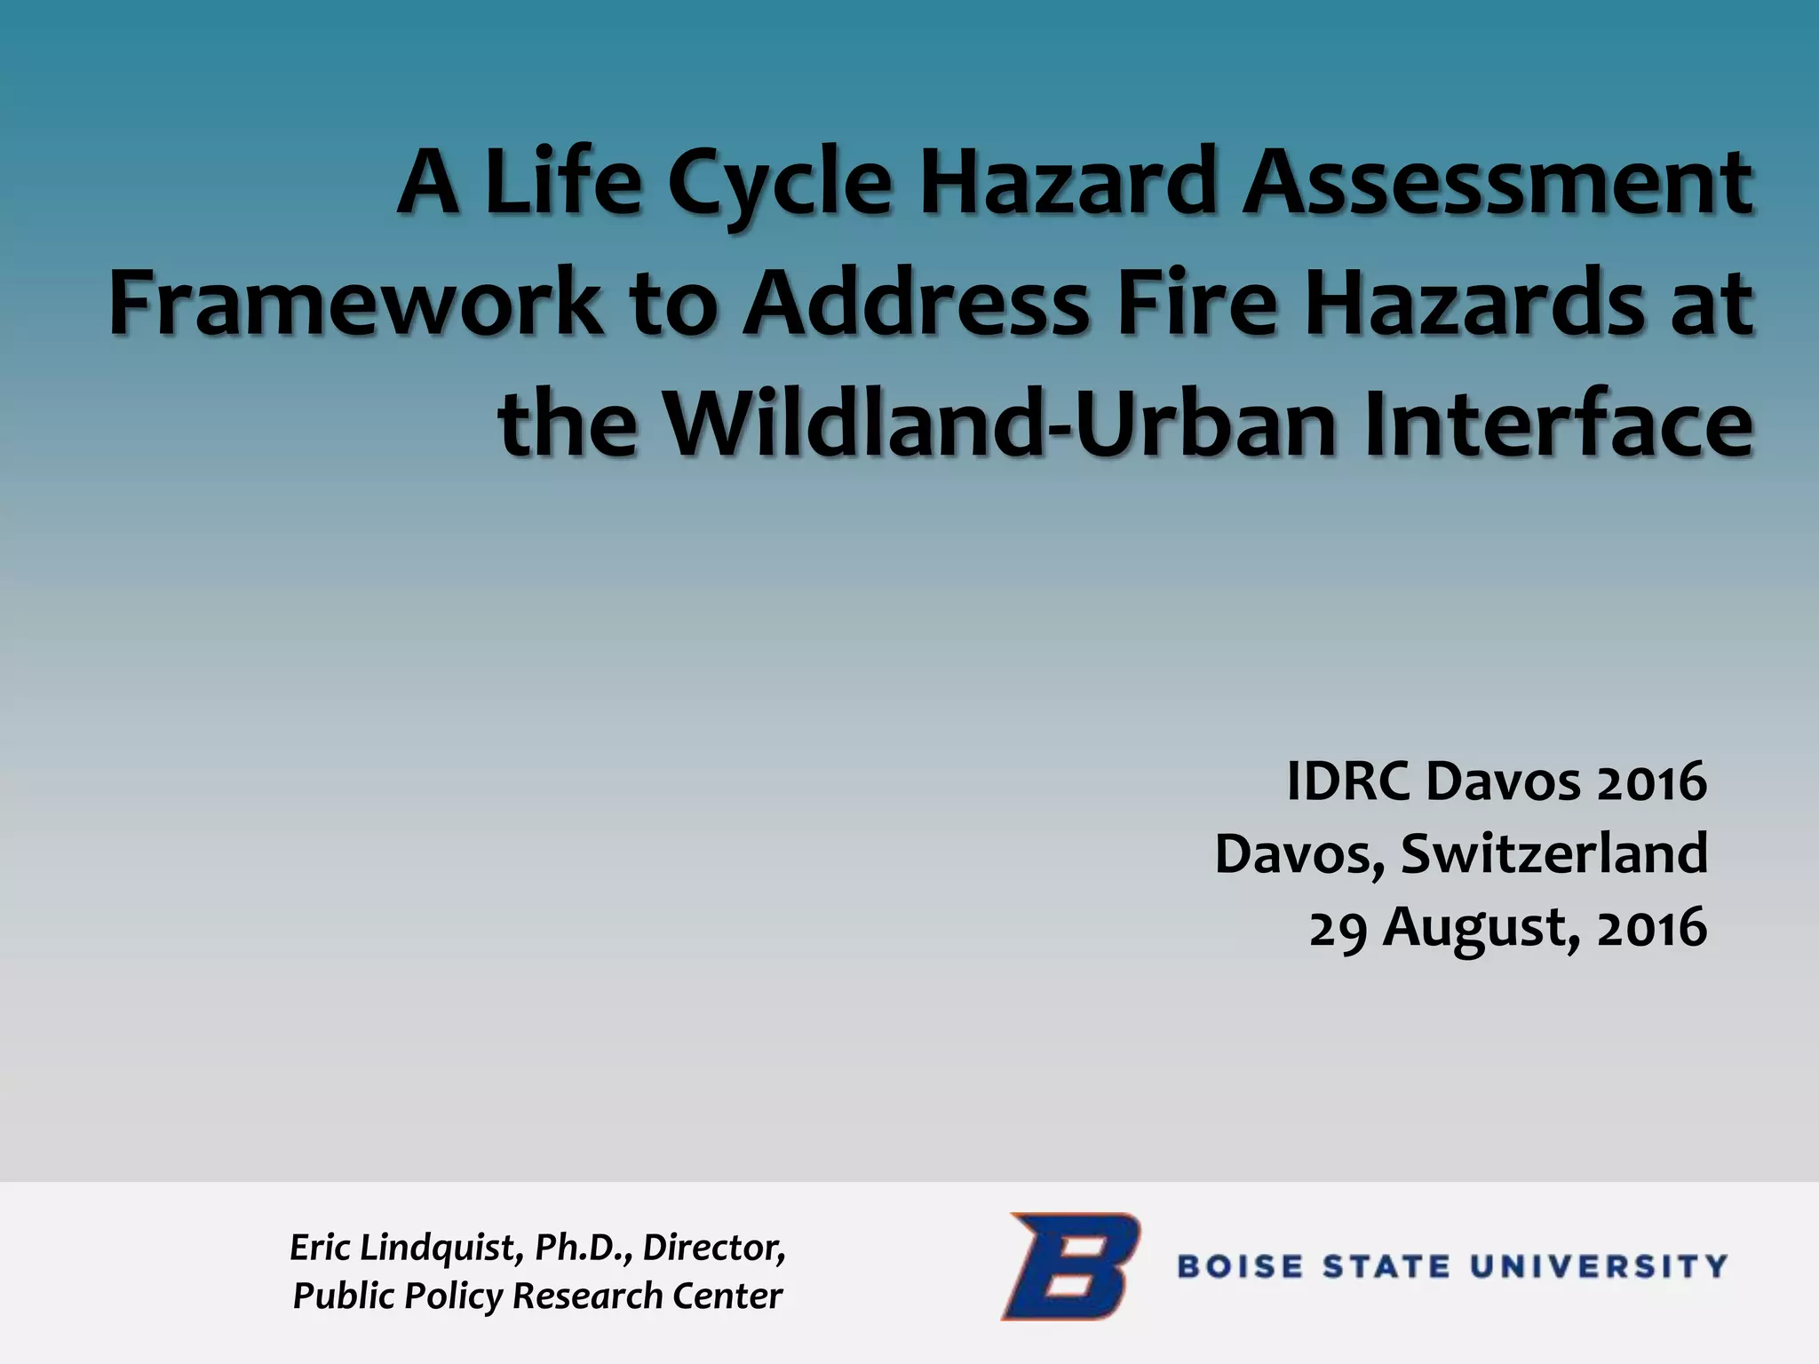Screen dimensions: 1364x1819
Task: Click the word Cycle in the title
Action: [x=778, y=185]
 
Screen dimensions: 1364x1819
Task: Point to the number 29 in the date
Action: [x=1338, y=928]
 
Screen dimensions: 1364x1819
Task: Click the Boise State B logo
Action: [x=1071, y=1265]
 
